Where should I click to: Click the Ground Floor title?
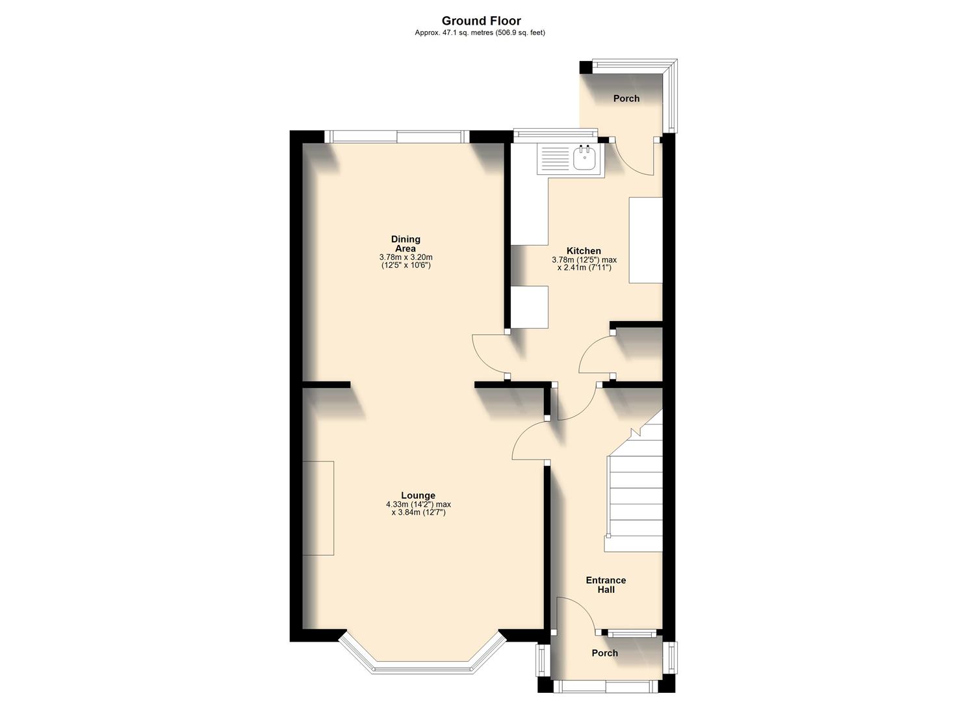tap(481, 21)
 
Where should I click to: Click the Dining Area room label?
tap(405, 244)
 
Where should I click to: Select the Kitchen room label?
tap(584, 251)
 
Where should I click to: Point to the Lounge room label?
tap(418, 495)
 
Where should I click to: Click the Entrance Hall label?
tap(606, 585)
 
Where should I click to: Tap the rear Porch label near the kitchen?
tap(626, 99)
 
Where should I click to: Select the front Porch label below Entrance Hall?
tap(604, 653)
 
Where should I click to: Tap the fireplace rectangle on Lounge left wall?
tap(318, 508)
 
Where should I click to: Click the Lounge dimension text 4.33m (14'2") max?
tap(418, 504)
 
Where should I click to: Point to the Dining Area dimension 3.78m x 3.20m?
tap(405, 257)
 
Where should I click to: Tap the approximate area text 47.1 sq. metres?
tap(480, 32)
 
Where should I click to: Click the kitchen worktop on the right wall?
tap(645, 240)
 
